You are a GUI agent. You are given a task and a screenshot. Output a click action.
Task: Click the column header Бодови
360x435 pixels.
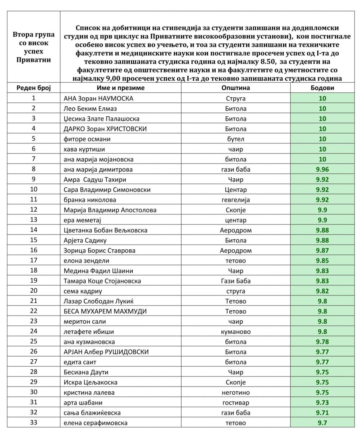[322, 88]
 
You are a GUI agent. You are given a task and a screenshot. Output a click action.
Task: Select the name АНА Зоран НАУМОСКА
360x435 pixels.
[98, 98]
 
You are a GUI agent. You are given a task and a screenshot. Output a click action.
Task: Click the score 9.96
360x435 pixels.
[322, 169]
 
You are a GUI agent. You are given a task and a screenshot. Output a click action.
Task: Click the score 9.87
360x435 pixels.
[322, 250]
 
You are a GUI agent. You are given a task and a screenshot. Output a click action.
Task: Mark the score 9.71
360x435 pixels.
[322, 413]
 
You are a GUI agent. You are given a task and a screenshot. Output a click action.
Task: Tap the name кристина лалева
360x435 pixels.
[89, 392]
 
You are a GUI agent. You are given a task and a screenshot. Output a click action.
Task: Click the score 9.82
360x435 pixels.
[322, 291]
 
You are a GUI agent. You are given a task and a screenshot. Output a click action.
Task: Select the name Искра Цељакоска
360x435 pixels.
[90, 382]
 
